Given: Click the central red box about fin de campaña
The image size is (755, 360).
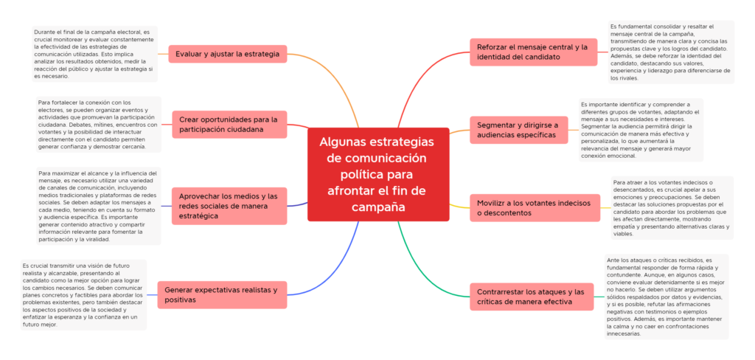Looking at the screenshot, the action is point(378,174).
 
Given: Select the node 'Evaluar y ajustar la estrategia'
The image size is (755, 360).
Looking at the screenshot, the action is point(227,54).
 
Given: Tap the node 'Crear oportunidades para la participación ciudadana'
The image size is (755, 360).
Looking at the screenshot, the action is point(229,125).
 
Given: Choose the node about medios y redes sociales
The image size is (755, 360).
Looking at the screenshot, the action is point(229,206).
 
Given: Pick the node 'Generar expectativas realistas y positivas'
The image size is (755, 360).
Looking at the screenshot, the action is point(221,294).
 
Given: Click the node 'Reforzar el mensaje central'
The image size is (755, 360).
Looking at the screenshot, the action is point(532,52).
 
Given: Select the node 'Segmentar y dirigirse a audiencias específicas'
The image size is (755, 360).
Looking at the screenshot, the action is point(518,130).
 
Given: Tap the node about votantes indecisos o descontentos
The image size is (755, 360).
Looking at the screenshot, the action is point(535,208).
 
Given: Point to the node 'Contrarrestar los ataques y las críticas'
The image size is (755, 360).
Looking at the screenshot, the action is point(532,297).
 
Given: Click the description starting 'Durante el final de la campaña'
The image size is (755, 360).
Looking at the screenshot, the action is point(94,54).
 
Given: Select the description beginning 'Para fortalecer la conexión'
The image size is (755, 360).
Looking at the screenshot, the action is point(98,125).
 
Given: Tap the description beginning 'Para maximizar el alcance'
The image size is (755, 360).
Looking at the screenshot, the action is point(98,206).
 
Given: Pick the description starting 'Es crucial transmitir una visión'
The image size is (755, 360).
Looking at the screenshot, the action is point(83,294).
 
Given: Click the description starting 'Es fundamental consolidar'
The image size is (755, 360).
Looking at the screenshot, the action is point(671,52).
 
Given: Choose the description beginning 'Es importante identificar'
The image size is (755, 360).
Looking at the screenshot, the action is point(641,130).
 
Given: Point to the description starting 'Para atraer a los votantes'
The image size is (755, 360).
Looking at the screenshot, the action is point(672,208).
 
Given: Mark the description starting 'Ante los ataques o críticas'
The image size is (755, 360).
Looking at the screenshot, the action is point(667,297).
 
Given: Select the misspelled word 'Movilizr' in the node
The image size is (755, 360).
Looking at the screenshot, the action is point(492,203).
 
